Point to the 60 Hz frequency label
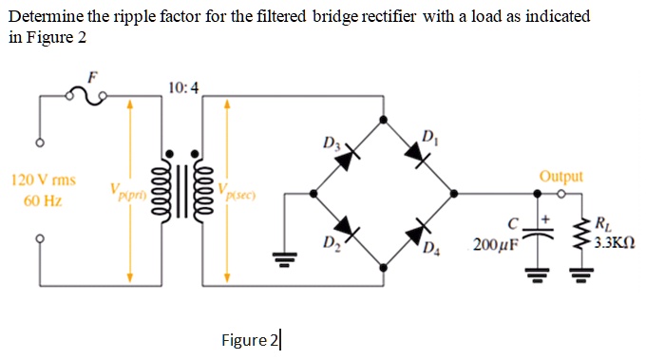43,202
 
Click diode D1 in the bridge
416,151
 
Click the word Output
560,177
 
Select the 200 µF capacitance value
494,245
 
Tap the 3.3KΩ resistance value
612,242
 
